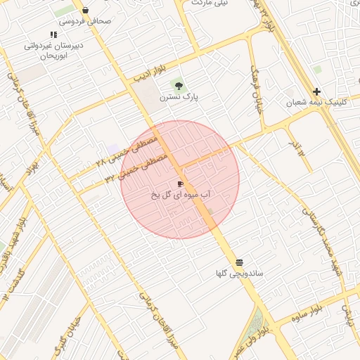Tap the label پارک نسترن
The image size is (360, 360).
[x=179, y=96]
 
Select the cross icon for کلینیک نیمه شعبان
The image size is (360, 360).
[x=317, y=91]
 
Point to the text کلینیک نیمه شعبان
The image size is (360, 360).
[x=316, y=103]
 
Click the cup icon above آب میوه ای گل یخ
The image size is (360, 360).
[x=181, y=184]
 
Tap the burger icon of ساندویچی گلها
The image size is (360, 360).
[x=240, y=261]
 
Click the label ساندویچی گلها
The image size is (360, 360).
[x=240, y=272]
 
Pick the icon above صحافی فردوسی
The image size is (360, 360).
[x=85, y=11]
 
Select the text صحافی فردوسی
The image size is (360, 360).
[x=85, y=21]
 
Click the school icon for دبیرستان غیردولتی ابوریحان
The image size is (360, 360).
[x=53, y=34]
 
